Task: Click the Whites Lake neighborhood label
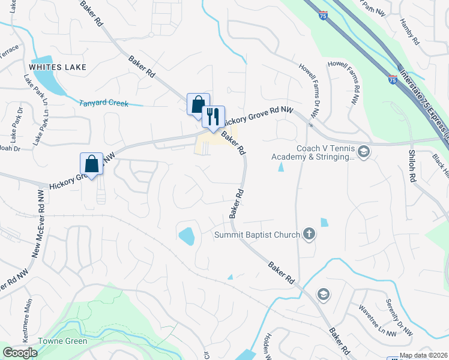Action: point(60,67)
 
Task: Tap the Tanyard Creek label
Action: point(104,103)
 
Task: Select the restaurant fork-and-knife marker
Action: point(212,116)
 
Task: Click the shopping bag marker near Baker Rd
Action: point(198,104)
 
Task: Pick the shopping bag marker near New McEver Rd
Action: point(91,163)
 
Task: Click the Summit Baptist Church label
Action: point(257,235)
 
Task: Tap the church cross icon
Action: point(309,234)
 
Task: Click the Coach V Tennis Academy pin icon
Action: point(363,152)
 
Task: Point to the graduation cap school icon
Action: point(323,293)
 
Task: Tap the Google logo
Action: point(20,353)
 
